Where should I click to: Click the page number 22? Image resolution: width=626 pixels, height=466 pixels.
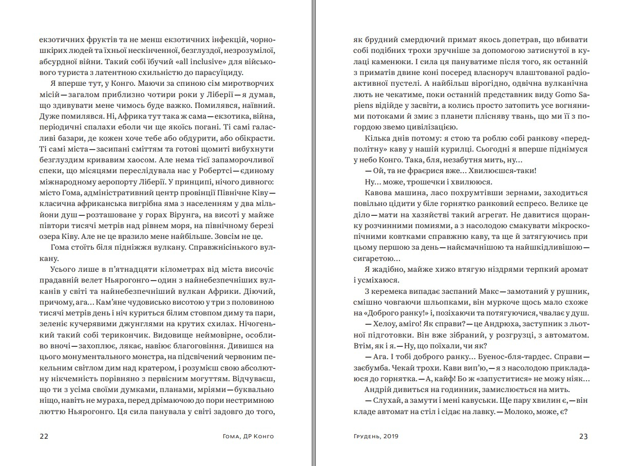[x=44, y=437]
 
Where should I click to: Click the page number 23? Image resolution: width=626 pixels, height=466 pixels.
[x=583, y=437]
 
